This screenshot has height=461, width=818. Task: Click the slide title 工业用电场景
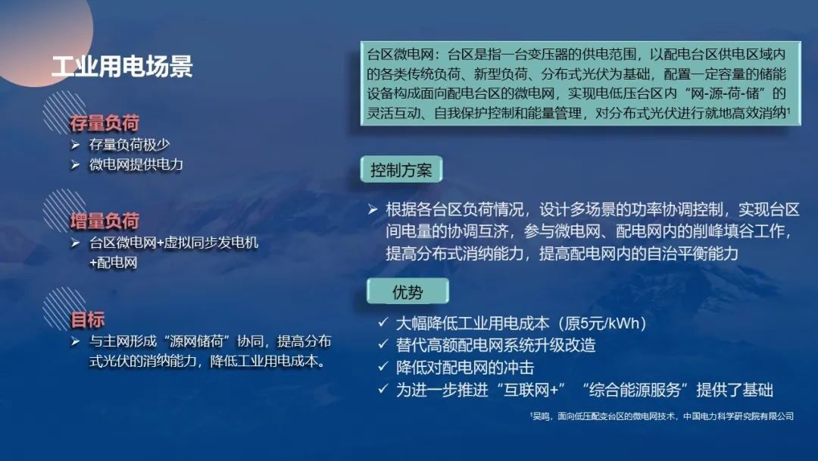point(122,67)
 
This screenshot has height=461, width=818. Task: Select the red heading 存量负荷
point(105,124)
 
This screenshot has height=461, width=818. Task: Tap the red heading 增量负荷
point(105,221)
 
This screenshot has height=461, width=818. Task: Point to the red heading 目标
point(87,319)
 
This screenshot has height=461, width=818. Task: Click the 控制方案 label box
point(401,170)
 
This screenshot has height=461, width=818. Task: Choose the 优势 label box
point(407,291)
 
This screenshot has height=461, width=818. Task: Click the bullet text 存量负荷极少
point(130,145)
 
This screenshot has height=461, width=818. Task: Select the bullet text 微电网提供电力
point(136,165)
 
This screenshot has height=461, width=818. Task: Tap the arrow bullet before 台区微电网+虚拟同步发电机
point(75,243)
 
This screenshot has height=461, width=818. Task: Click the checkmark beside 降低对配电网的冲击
point(383,366)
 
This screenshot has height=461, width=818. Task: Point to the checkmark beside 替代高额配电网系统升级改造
point(383,344)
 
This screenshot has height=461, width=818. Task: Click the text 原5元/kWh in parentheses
point(602,324)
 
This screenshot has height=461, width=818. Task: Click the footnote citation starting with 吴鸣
point(661,416)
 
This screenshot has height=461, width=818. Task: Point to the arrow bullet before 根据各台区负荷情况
point(373,210)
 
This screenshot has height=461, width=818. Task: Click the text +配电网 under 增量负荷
point(113,262)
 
